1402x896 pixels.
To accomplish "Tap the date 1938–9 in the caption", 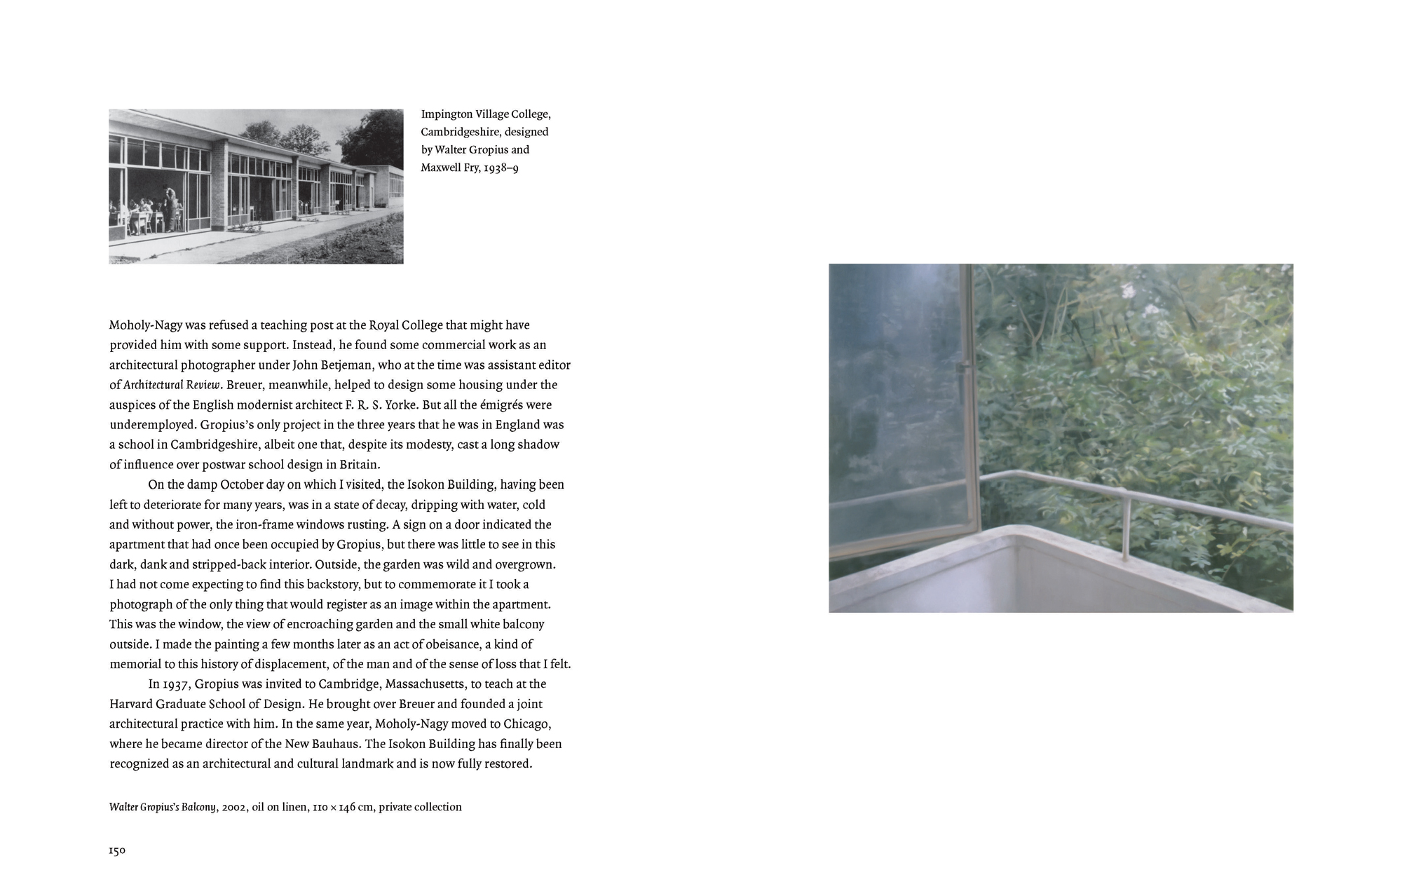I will pos(501,168).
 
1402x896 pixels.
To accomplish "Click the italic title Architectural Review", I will pos(173,385).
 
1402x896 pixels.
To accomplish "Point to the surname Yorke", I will pos(400,405).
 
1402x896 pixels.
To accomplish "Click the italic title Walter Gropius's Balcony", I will pos(162,807).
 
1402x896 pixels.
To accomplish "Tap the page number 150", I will pos(117,851).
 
